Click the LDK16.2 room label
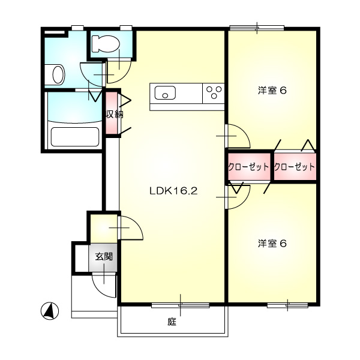(173, 191)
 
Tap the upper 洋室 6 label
(272, 90)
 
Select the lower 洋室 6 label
(272, 244)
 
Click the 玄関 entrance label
(104, 256)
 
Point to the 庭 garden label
(172, 322)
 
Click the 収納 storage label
(114, 114)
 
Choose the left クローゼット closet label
(248, 167)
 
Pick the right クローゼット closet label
(295, 167)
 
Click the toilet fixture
(106, 43)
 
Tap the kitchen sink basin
(165, 93)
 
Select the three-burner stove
(214, 93)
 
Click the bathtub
(75, 137)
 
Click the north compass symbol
(50, 311)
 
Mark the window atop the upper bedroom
(257, 28)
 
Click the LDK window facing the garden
(181, 305)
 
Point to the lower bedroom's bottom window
(287, 305)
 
